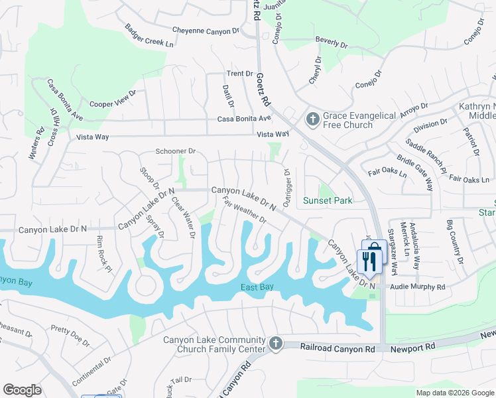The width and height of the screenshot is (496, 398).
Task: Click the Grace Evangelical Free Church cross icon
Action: click(x=312, y=119)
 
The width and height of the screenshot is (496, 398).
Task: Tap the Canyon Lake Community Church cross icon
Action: click(x=276, y=344)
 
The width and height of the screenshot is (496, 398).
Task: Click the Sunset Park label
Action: click(x=328, y=200)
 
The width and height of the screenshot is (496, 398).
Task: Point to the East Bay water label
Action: click(x=257, y=287)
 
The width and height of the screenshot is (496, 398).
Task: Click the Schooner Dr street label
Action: click(x=175, y=151)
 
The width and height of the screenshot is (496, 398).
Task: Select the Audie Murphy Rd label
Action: click(x=418, y=287)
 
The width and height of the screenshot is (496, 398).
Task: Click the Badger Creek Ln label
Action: click(x=149, y=36)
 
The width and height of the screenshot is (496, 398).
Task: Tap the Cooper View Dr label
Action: click(x=113, y=99)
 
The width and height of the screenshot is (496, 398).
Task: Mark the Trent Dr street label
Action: click(x=240, y=74)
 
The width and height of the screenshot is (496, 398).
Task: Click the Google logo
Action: click(x=22, y=390)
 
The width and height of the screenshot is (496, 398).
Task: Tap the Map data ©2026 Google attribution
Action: click(x=454, y=393)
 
